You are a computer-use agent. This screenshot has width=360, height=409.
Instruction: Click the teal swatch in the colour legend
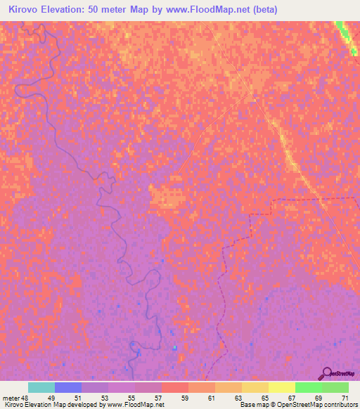[x=41, y=387]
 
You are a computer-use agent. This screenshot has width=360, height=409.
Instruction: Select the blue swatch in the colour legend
[x=68, y=387]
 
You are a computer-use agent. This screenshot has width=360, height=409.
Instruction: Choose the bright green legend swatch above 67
[x=309, y=387]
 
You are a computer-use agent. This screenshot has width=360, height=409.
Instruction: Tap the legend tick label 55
[x=131, y=397]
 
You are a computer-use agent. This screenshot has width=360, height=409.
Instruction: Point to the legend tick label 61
[x=212, y=397]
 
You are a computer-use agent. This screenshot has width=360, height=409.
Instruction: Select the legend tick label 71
[x=345, y=397]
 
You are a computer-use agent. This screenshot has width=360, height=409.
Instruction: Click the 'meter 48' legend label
[x=16, y=397]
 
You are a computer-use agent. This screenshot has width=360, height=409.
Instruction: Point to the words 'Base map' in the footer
[x=250, y=405]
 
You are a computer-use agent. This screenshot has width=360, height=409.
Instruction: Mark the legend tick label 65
[x=265, y=397]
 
